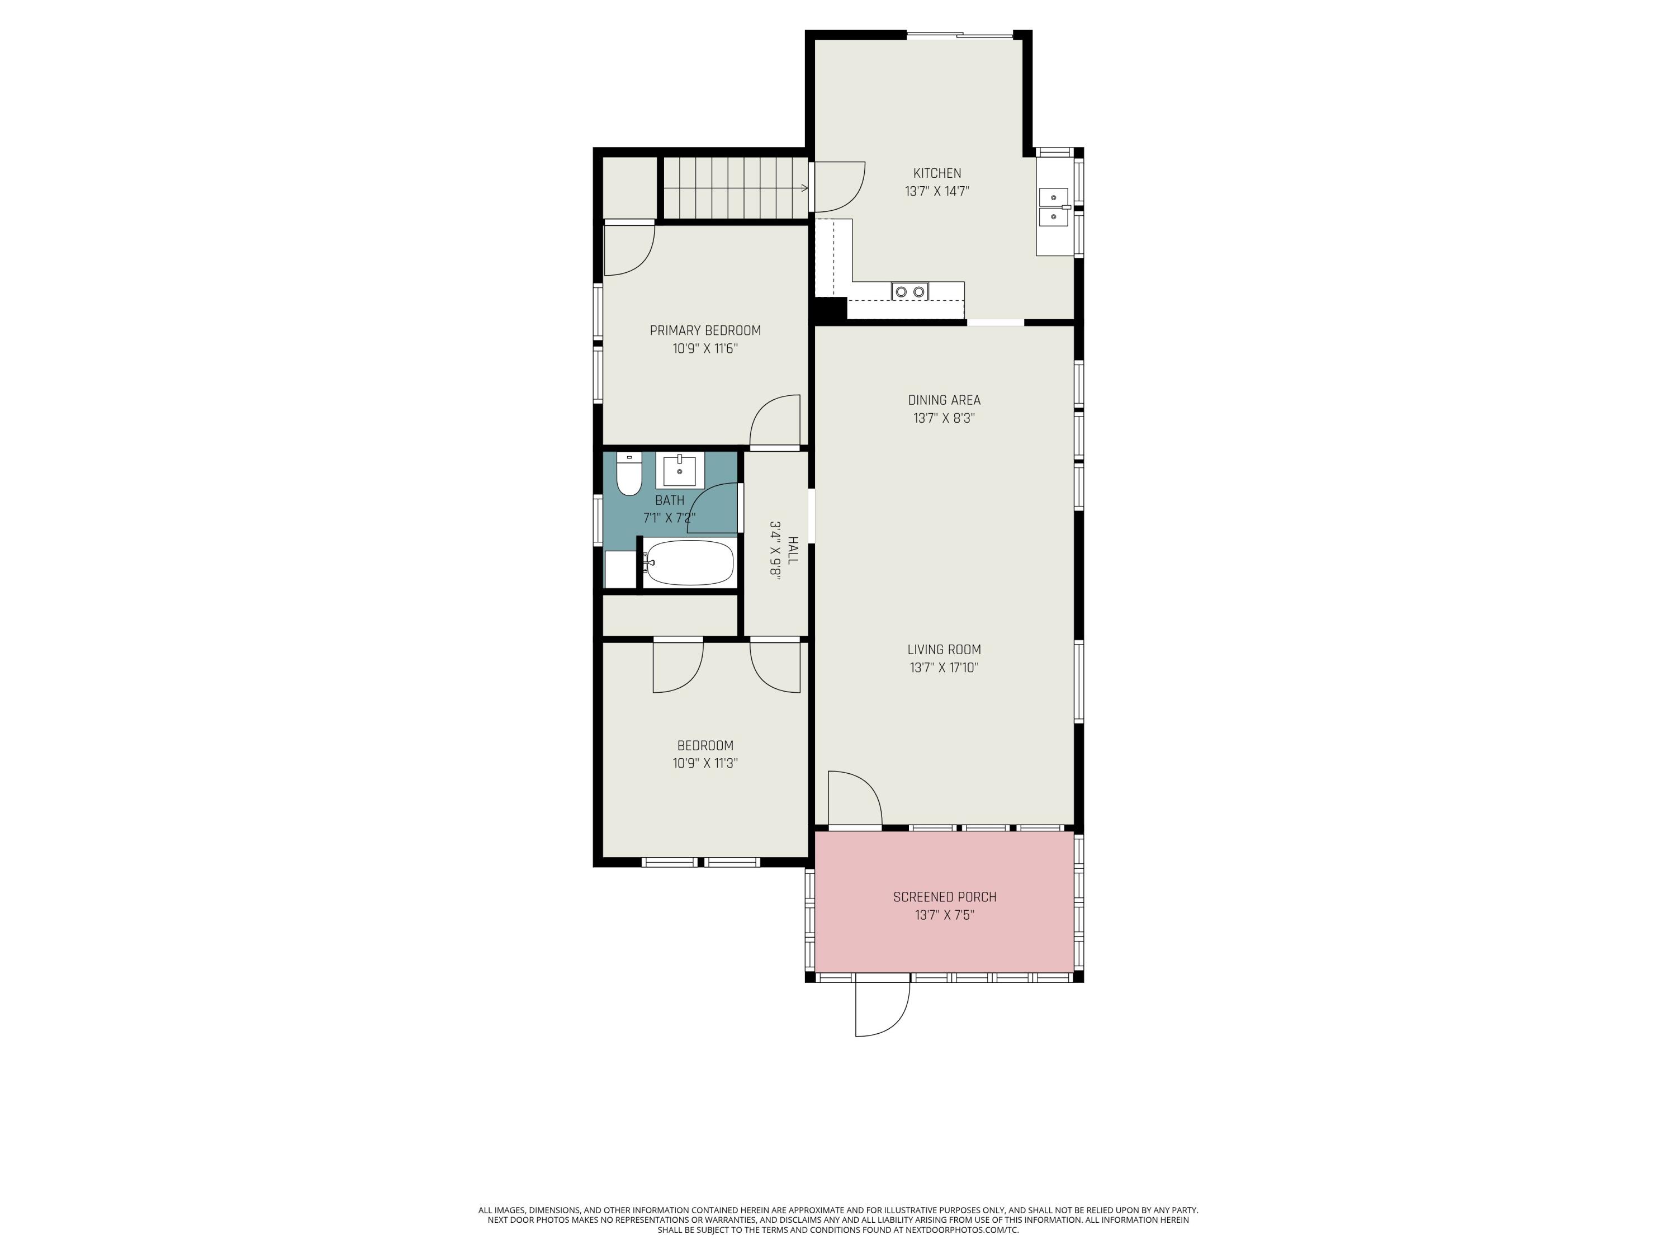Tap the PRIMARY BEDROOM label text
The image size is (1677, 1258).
(x=705, y=330)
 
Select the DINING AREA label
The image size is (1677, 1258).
(x=944, y=400)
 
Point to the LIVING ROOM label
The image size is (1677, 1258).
(x=944, y=649)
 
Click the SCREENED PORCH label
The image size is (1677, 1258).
(x=945, y=897)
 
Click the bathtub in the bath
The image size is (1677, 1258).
(x=689, y=562)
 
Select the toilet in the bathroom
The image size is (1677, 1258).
(x=628, y=474)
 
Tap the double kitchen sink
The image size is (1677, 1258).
(x=1054, y=207)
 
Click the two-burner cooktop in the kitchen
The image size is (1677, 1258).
(x=909, y=291)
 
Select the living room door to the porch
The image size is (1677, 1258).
(x=854, y=798)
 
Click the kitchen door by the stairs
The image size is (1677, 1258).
(x=839, y=187)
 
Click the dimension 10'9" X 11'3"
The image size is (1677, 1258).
(x=705, y=764)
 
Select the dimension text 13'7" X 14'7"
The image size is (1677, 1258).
(x=937, y=192)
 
